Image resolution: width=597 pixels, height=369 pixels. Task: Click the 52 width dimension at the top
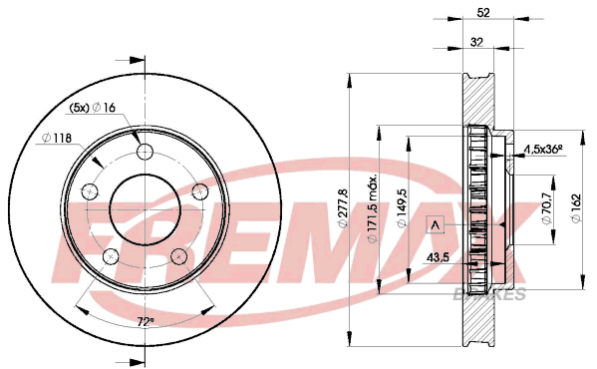[483, 13]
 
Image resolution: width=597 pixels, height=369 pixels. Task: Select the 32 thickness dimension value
[476, 42]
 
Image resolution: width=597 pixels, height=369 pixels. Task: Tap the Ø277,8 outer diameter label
[344, 207]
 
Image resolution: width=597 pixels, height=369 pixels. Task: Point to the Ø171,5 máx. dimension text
[372, 209]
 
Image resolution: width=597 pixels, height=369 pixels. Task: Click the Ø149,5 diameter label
[402, 208]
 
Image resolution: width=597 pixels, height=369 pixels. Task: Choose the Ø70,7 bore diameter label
[547, 208]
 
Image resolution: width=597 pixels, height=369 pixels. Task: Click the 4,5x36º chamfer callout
[543, 150]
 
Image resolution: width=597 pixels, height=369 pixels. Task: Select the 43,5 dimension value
[438, 257]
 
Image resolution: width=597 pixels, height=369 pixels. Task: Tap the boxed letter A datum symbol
[436, 224]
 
